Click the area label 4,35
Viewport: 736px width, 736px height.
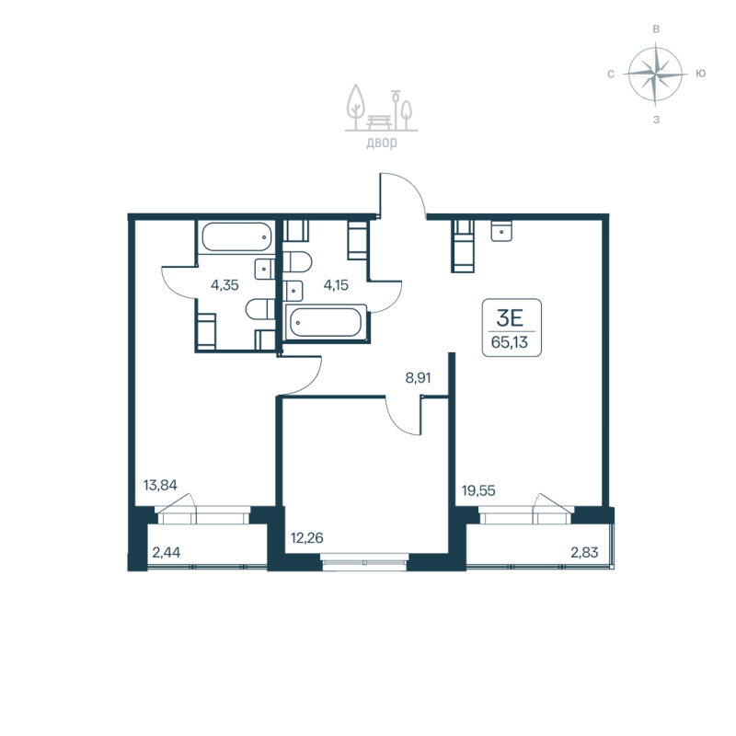pos(224,285)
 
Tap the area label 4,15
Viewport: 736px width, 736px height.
pos(336,285)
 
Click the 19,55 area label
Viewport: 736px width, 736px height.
pos(478,491)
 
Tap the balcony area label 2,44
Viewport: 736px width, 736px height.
pos(167,553)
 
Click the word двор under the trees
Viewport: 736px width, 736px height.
pos(380,143)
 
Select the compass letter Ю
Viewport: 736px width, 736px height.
pos(701,74)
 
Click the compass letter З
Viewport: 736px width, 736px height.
pos(656,119)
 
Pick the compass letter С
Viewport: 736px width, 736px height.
pos(611,74)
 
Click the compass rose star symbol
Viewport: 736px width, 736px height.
pos(656,74)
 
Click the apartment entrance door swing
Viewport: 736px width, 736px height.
pos(402,196)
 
